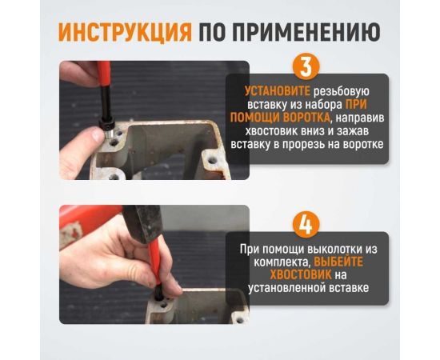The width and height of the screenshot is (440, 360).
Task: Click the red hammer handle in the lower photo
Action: click(88, 217)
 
